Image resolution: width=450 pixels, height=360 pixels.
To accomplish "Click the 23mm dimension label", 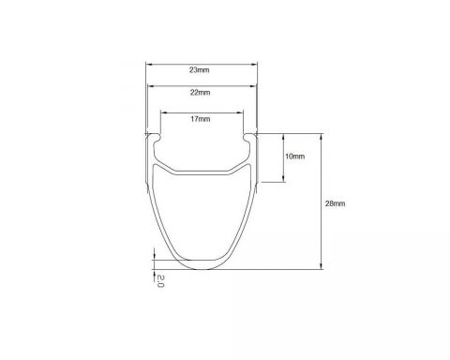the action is [x=199, y=70].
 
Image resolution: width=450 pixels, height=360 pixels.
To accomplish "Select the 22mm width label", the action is [x=200, y=93].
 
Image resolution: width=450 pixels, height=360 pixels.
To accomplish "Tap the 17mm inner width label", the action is [x=201, y=119].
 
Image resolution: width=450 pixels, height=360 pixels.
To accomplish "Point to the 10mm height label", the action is [x=294, y=157].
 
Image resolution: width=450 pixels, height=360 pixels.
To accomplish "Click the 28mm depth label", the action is [x=336, y=203].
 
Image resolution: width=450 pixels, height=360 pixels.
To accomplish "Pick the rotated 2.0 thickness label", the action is [x=160, y=281].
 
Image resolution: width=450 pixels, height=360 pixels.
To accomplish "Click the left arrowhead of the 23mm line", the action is [x=149, y=65].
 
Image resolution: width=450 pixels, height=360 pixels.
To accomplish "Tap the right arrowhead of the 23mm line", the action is [x=254, y=65].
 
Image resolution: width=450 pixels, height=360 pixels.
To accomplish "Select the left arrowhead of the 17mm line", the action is [x=163, y=112].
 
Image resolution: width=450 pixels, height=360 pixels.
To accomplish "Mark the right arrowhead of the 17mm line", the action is [x=240, y=112].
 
